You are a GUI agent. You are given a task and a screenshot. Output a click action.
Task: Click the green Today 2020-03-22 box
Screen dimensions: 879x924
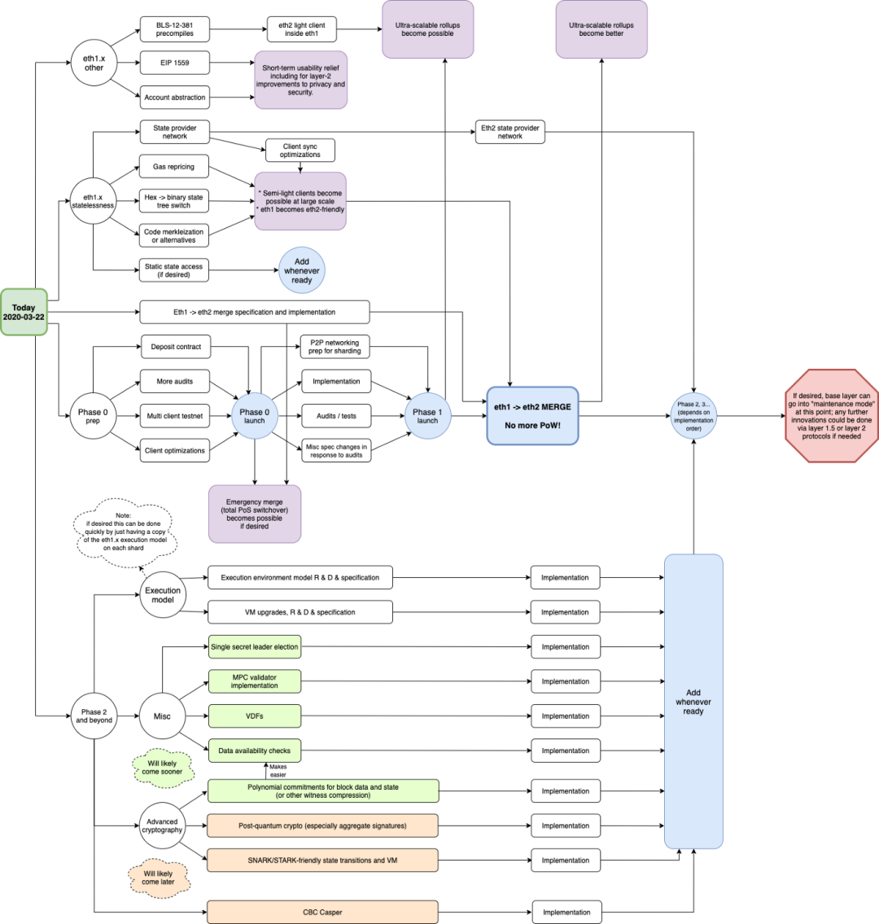[x=24, y=313]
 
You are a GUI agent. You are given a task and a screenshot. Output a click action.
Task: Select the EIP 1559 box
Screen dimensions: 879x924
[x=175, y=63]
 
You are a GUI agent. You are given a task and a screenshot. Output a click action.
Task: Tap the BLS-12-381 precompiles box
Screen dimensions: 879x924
[x=175, y=29]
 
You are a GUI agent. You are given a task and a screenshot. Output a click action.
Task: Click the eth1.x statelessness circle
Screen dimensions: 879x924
[x=93, y=201]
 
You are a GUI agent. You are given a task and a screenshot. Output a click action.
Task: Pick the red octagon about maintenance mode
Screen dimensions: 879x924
[x=831, y=416]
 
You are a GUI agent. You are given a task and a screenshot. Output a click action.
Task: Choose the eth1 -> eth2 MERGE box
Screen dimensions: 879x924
[x=532, y=416]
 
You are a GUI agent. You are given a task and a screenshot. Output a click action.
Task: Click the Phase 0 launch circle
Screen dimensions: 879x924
[x=255, y=416]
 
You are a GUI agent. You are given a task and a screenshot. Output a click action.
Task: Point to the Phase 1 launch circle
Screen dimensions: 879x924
[x=428, y=416]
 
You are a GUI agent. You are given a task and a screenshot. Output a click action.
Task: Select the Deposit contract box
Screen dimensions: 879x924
[x=176, y=347]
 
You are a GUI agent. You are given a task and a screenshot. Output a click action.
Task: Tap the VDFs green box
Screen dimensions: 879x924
[x=255, y=716]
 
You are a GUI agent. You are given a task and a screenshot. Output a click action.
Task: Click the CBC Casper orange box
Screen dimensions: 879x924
[x=322, y=913]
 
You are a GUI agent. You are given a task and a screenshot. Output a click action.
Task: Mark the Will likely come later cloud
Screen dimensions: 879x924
[x=159, y=878]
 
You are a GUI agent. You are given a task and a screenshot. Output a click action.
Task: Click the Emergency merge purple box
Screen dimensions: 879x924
[x=255, y=514]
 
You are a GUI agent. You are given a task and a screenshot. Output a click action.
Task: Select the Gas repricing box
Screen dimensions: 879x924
[x=174, y=167]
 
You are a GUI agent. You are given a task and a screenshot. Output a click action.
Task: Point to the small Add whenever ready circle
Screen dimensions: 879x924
[x=302, y=270]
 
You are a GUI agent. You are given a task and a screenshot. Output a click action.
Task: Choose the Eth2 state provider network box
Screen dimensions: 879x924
[x=510, y=132]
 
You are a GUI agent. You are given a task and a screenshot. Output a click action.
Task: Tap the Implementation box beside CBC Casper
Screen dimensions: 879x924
[x=566, y=913]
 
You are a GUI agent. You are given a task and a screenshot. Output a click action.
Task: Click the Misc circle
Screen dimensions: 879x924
[x=162, y=716]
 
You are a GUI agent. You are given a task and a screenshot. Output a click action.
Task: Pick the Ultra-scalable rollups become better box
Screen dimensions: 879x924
[x=601, y=29]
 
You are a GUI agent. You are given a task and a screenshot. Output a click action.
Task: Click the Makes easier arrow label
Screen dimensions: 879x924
[x=278, y=771]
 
